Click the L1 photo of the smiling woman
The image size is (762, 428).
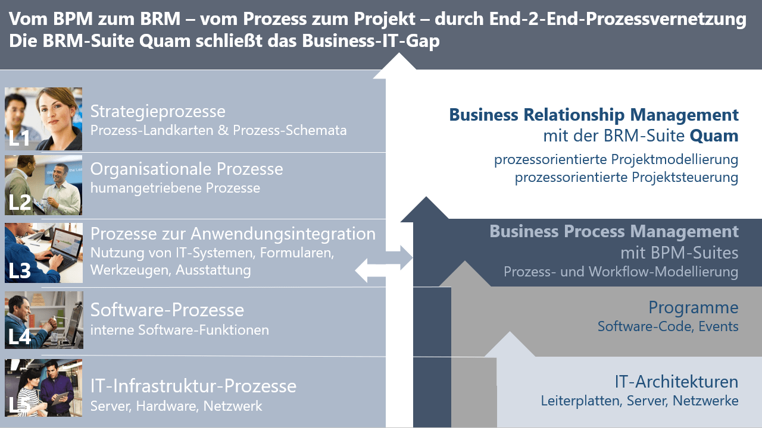pos(43,119)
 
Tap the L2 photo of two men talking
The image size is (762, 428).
pos(43,185)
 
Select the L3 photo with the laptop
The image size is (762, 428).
pos(43,253)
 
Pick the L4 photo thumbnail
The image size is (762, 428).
pos(43,320)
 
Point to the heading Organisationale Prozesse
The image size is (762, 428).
pos(186,169)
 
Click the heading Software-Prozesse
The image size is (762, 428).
pos(167,310)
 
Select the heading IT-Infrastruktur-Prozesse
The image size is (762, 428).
pos(193,386)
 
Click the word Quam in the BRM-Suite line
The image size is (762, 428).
pos(714,136)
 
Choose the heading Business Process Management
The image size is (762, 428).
pos(614,231)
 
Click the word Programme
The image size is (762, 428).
pos(693,307)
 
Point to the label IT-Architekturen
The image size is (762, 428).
pos(676,381)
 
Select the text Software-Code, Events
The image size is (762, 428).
pos(668,326)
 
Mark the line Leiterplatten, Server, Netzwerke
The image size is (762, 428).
pos(639,401)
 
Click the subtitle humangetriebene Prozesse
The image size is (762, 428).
pos(175,188)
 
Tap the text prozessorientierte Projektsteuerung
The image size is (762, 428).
pos(626,177)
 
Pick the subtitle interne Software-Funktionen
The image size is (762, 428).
pos(179,329)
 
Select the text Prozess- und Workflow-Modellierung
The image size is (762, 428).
pos(621,272)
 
